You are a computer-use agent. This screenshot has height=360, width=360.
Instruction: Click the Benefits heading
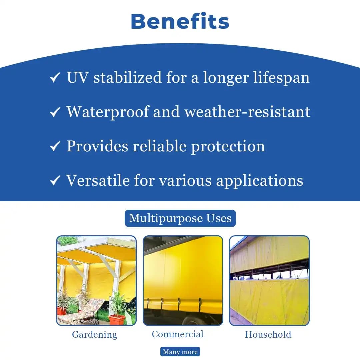(x=180, y=21)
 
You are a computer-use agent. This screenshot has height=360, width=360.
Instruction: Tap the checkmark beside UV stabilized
(x=55, y=78)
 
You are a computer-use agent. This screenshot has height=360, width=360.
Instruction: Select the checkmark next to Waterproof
(x=55, y=113)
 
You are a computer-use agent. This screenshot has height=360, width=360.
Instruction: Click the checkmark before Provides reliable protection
(x=55, y=146)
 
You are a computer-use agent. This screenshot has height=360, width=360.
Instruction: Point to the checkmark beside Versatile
(x=55, y=181)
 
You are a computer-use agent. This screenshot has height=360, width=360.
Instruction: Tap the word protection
(x=228, y=146)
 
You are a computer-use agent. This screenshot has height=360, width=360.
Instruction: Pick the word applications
(x=260, y=181)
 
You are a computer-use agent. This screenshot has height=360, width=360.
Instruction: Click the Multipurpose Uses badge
(x=180, y=218)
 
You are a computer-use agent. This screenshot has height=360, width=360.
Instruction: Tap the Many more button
(x=180, y=352)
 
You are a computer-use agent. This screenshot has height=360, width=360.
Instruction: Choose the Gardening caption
(x=95, y=335)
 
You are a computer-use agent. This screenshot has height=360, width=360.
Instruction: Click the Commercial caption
(x=178, y=334)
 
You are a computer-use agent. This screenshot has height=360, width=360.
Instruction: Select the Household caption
(x=268, y=335)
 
